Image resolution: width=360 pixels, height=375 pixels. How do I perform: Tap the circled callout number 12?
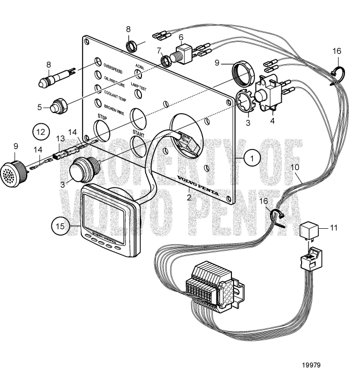point(40,130)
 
